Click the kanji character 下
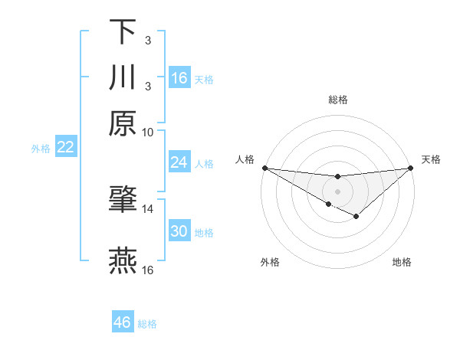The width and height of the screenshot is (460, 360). (x=123, y=33)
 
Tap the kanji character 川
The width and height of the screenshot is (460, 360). (x=123, y=77)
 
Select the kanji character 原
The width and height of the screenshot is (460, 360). (x=123, y=123)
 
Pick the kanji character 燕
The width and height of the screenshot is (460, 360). (x=123, y=261)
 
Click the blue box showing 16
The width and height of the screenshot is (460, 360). (x=179, y=78)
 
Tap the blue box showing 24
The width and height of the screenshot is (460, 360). (x=179, y=162)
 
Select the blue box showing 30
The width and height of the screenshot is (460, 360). (x=179, y=232)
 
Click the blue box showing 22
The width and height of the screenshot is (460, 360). (x=66, y=148)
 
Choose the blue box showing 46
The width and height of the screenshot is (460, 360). (x=123, y=322)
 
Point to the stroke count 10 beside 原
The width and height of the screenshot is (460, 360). (x=148, y=132)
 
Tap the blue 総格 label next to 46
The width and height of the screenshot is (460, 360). (x=147, y=324)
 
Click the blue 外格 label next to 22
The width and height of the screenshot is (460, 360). (x=41, y=149)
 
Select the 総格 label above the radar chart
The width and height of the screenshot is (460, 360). (x=338, y=100)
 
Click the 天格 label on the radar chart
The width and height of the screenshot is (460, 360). (x=431, y=159)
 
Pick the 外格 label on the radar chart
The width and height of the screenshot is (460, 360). (x=270, y=262)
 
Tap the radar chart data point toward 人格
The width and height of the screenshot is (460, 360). (x=264, y=168)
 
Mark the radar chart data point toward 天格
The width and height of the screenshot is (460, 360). (x=411, y=168)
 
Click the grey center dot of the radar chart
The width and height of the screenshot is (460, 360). (x=338, y=191)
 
